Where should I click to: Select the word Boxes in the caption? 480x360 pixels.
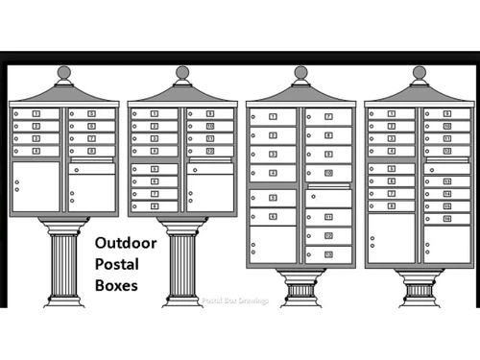pos(116,285)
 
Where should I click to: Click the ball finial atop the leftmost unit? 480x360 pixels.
pos(64,72)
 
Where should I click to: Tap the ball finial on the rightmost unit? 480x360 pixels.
pos(419,72)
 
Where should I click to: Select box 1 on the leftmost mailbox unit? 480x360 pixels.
pos(36,114)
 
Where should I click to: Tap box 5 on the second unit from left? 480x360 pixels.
pos(155,169)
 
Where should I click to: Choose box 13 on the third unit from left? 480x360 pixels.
pos(328,254)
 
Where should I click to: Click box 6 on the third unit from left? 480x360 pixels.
pos(273,217)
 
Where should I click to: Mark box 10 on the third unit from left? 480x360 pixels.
pos(328,173)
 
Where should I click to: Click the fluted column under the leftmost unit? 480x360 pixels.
pos(64,264)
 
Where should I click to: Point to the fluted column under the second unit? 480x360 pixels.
pos(182,264)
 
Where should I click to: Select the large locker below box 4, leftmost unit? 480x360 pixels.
pos(36,186)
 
